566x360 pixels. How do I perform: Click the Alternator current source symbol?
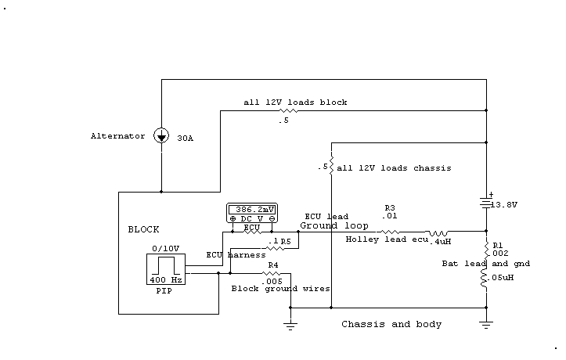pyautogui.click(x=161, y=135)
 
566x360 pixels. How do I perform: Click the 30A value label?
pyautogui.click(x=185, y=139)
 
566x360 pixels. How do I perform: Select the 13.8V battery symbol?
pyautogui.click(x=486, y=203)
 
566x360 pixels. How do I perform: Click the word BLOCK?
pyautogui.click(x=143, y=230)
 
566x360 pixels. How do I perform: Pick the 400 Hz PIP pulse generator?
pyautogui.click(x=166, y=269)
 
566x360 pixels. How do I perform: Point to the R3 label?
pyautogui.click(x=390, y=208)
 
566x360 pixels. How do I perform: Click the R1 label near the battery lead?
pyautogui.click(x=498, y=245)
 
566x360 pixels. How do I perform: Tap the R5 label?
pyautogui.click(x=286, y=242)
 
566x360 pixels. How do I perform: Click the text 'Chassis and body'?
pyautogui.click(x=391, y=324)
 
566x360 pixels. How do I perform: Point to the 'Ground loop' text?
pyautogui.click(x=334, y=225)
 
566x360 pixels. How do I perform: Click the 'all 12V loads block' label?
pyautogui.click(x=295, y=103)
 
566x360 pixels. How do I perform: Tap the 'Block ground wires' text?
pyautogui.click(x=280, y=288)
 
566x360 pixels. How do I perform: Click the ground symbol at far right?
pyautogui.click(x=486, y=322)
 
